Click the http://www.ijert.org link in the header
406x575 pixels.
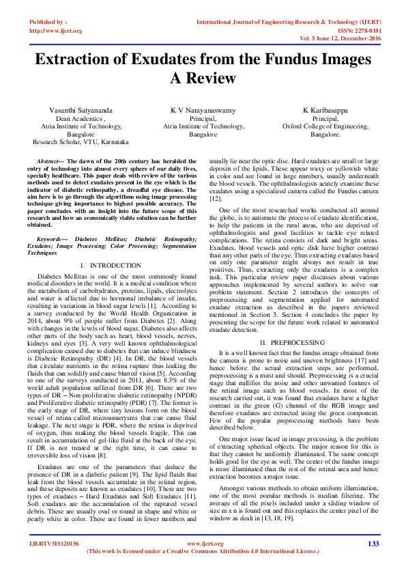(56, 31)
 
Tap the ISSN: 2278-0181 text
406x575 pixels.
(354, 31)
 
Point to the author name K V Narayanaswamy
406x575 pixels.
(203, 110)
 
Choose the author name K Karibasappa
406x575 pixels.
(325, 110)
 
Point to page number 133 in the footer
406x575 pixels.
(373, 544)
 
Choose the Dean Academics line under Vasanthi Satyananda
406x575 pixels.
(81, 118)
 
